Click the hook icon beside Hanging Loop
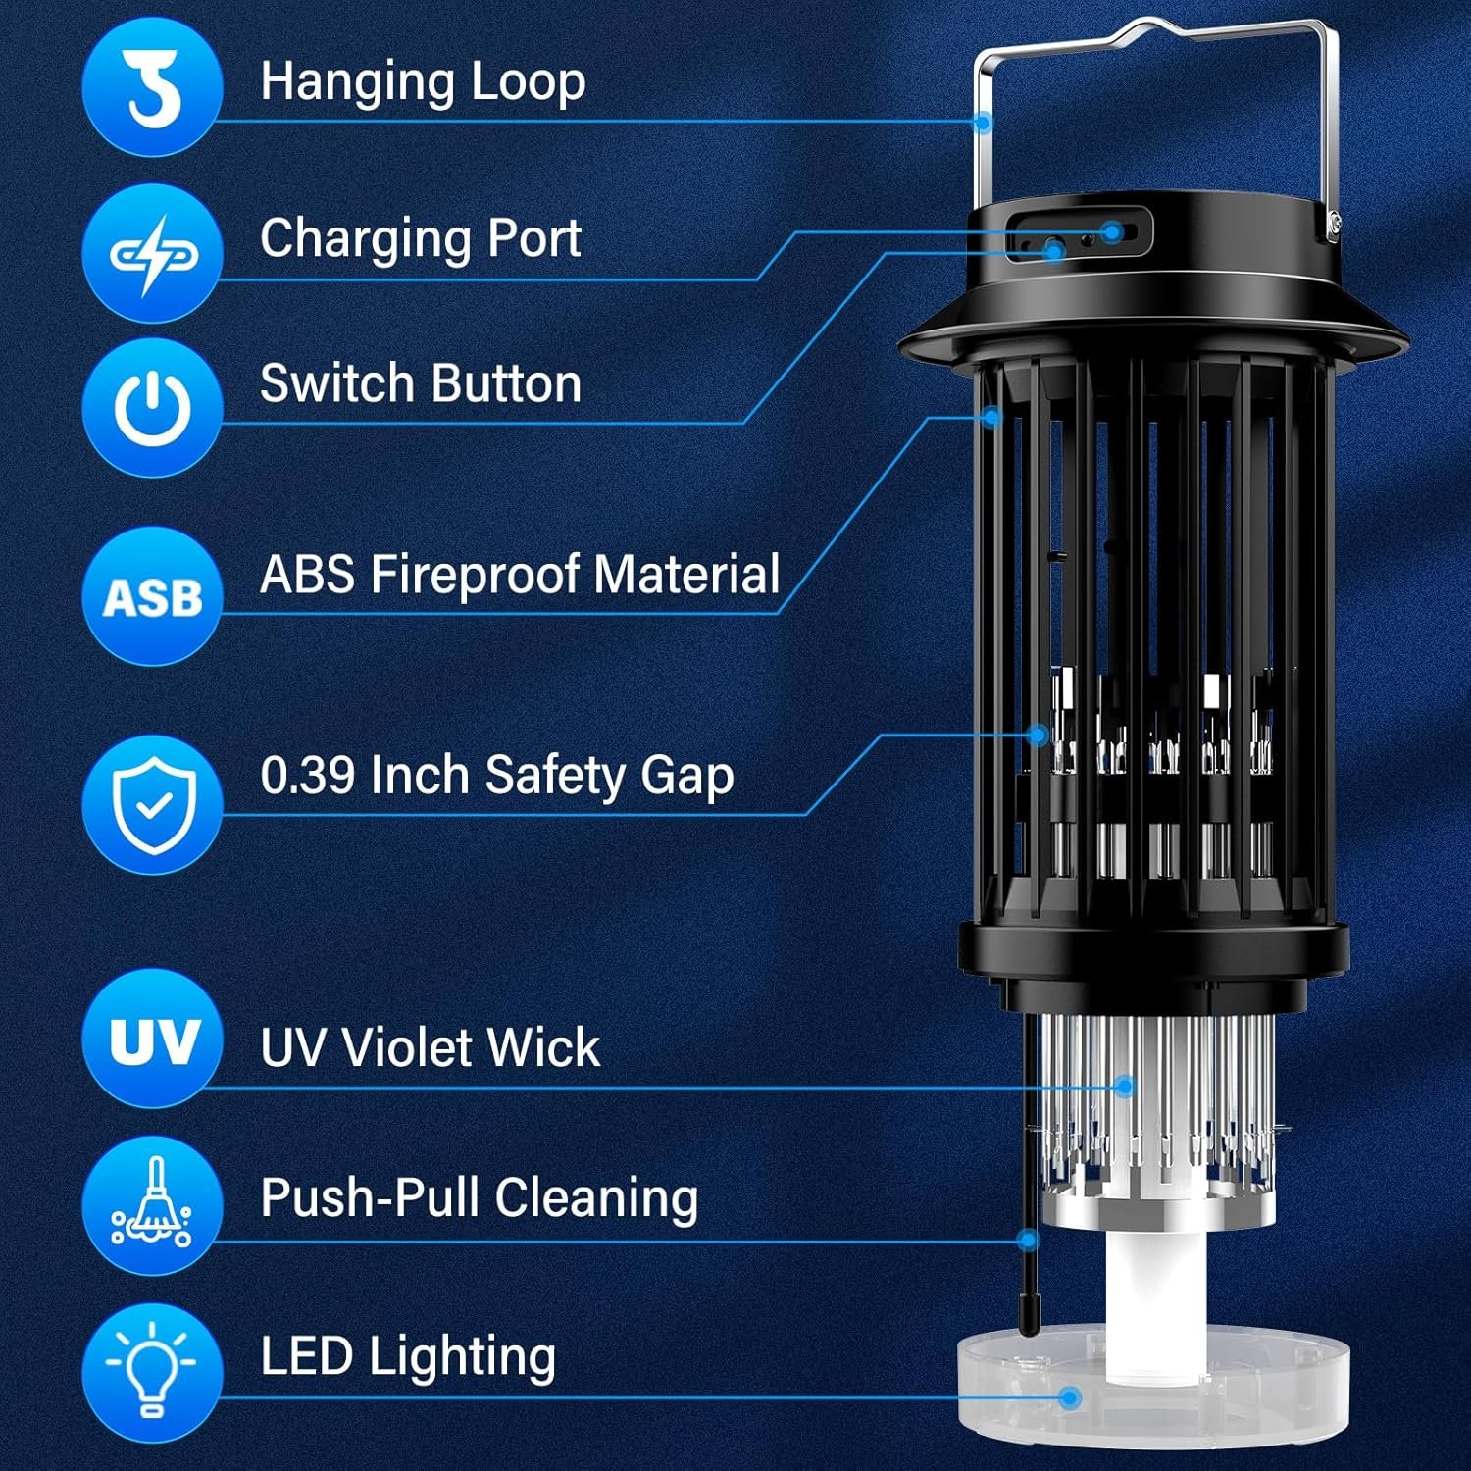152,86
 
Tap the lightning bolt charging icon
152,253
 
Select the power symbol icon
152,407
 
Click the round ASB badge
152,596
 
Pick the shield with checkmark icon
152,804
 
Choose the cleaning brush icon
152,1204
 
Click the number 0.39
307,776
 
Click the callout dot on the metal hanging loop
983,123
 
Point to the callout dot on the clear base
1071,1397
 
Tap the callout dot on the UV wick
1125,1086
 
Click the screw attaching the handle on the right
1334,228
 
